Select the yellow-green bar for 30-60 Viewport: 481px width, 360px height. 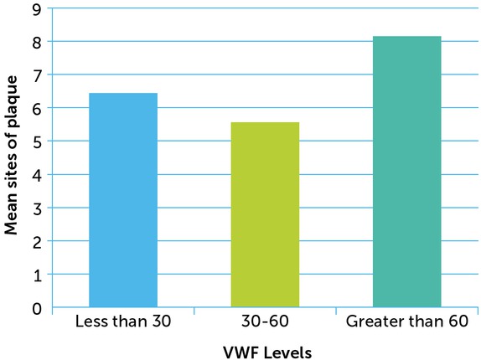(265, 215)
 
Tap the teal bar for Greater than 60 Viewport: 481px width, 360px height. (406, 172)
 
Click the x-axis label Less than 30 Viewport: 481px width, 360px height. (123, 322)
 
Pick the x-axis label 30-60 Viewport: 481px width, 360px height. (265, 322)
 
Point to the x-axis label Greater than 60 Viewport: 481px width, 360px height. (406, 322)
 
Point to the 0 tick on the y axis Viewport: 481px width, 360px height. (37, 308)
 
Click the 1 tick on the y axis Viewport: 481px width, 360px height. (37, 275)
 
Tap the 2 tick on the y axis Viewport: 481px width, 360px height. (37, 241)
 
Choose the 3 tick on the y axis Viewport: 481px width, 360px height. (37, 208)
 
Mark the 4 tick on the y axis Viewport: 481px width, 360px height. (37, 174)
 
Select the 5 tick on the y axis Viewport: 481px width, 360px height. (37, 141)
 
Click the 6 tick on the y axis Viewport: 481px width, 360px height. (37, 108)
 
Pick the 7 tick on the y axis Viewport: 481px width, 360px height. (37, 75)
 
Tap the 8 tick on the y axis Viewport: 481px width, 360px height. (37, 41)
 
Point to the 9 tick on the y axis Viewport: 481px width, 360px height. (37, 8)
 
